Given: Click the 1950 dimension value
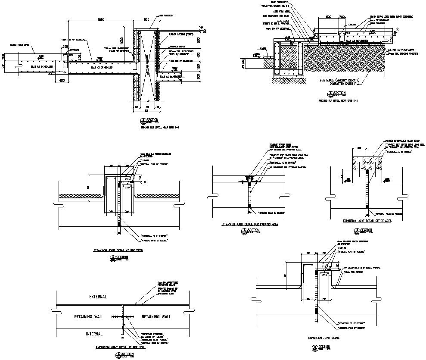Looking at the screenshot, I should [x=101, y=20].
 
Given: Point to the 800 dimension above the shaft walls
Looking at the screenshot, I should [x=146, y=20].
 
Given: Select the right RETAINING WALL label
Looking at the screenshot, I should [x=156, y=316].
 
